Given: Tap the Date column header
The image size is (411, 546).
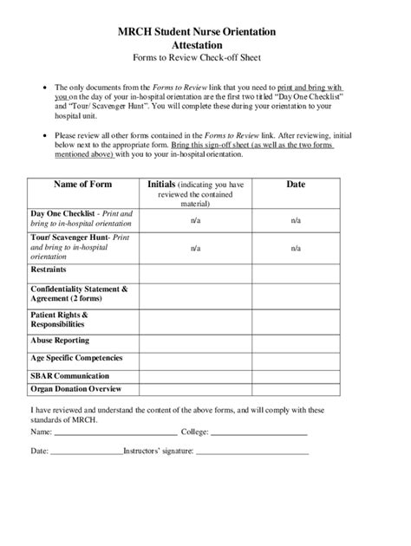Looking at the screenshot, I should click(x=296, y=185).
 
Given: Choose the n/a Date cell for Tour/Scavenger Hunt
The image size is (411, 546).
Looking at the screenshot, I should click(x=296, y=248).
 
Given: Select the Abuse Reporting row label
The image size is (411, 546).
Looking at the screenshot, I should click(x=60, y=341).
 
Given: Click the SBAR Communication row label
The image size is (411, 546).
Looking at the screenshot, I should click(x=69, y=375).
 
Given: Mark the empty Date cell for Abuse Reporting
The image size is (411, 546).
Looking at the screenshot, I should click(x=296, y=341).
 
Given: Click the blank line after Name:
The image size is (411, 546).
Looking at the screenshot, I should click(x=115, y=432).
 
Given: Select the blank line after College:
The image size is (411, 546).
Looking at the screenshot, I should click(x=259, y=432).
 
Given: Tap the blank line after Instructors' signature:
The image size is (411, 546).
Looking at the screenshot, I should click(x=254, y=452).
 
